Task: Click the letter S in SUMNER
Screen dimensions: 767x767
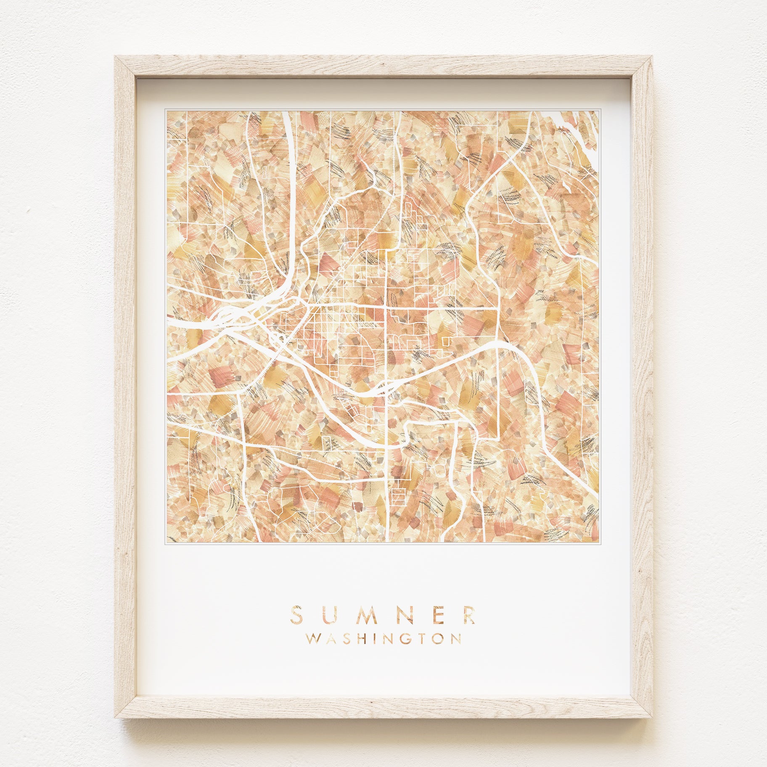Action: point(296,614)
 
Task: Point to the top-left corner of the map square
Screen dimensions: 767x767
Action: point(167,111)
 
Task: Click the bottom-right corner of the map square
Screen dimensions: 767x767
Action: point(598,542)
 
